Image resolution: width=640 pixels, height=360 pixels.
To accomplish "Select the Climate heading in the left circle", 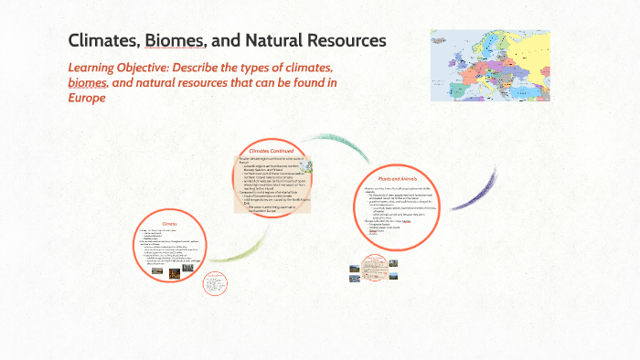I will point(171,223).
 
